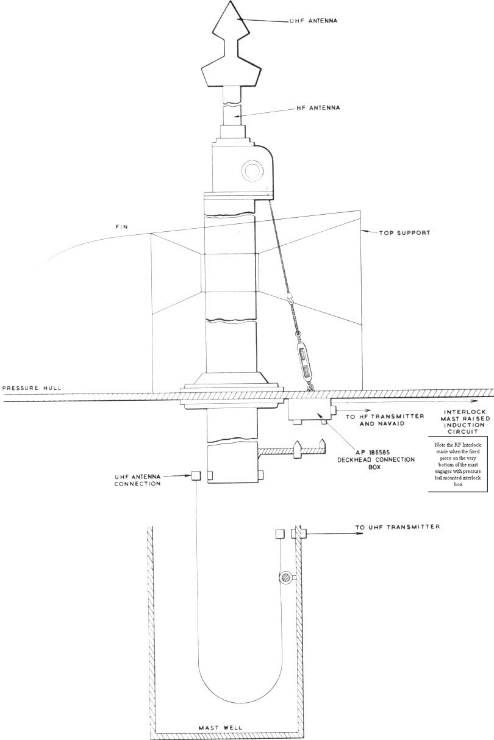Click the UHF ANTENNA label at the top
coord(313,21)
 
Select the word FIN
coord(121,227)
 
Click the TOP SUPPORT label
coord(404,232)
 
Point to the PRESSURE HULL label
coord(32,388)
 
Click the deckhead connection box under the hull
coord(310,409)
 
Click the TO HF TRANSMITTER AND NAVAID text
coord(385,420)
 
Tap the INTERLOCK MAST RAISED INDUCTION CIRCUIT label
coord(465,422)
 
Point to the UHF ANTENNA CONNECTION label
coord(137,480)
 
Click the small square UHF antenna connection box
coord(196,475)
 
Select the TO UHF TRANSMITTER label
coord(398,526)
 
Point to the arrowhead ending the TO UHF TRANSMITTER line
coord(360,533)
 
